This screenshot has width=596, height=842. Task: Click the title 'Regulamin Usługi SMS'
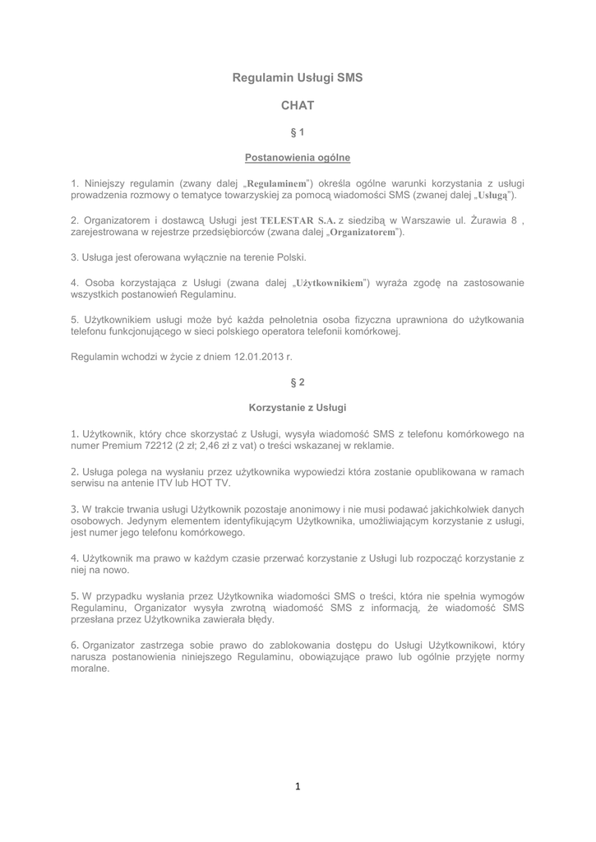[x=298, y=77]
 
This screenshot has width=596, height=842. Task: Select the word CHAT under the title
[x=298, y=105]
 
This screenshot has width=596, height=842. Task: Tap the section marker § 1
[x=298, y=132]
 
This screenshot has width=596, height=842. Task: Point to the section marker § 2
[x=298, y=382]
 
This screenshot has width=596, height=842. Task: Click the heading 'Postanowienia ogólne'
[x=298, y=157]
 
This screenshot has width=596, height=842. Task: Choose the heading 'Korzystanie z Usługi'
[x=298, y=407]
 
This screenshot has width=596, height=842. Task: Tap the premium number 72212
[x=157, y=445]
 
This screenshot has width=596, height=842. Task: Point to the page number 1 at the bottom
[x=298, y=787]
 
